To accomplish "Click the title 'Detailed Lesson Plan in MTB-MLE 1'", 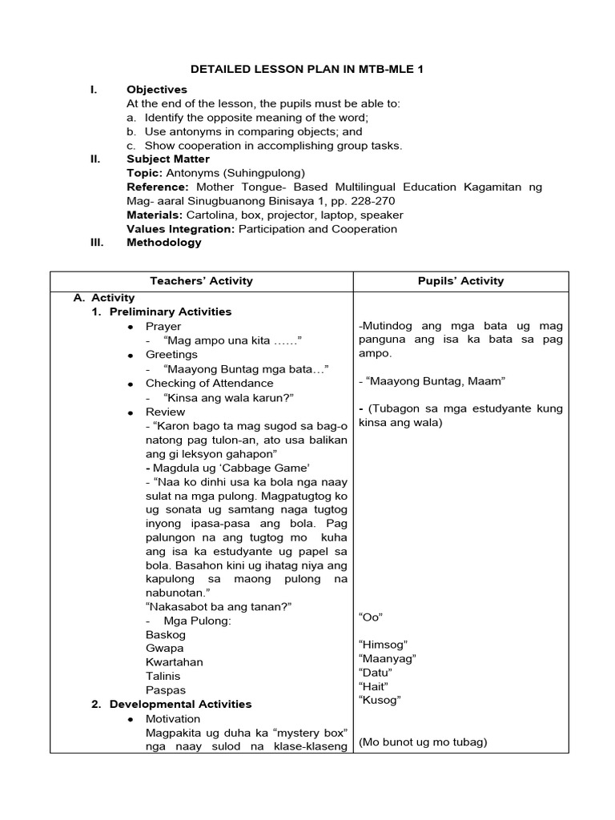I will [x=307, y=70].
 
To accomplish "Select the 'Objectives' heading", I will [x=156, y=90].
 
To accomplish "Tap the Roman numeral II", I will [x=94, y=159].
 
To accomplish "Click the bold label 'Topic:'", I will [x=144, y=173].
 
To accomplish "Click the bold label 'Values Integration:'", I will [x=179, y=229].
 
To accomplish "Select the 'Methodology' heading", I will [x=164, y=243].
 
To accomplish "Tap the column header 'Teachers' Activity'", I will [x=201, y=280].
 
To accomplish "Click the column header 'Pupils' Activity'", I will [x=461, y=280].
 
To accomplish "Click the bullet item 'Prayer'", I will [x=163, y=327].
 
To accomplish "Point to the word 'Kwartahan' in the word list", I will [x=174, y=662].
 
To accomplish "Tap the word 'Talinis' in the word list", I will [x=165, y=676].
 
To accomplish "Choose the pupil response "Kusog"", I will [x=380, y=700].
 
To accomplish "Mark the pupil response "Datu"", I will [x=376, y=673].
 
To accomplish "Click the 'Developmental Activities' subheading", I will [x=180, y=704].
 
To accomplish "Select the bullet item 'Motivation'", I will [x=173, y=719].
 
